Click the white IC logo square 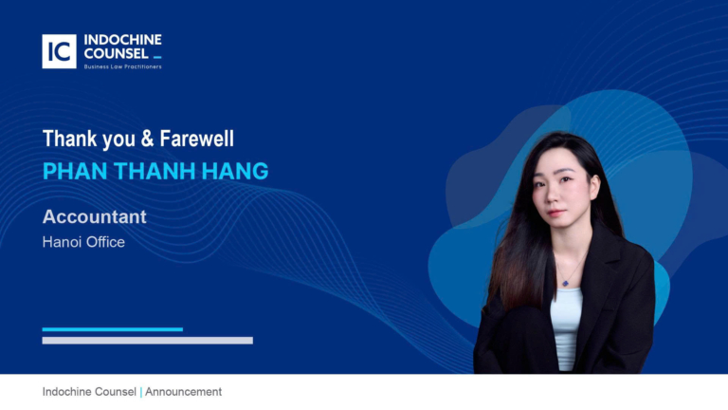tap(59, 51)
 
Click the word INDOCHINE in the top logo tap(123, 40)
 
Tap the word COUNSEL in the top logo tap(116, 53)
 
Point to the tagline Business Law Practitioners tap(123, 66)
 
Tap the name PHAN tap(70, 171)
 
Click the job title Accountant tap(95, 216)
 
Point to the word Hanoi tap(61, 242)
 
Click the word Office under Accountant tap(104, 242)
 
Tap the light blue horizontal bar tap(112, 329)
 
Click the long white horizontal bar tap(147, 340)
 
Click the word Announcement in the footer tap(184, 392)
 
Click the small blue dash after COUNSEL tap(157, 58)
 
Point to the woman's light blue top tap(566, 323)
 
